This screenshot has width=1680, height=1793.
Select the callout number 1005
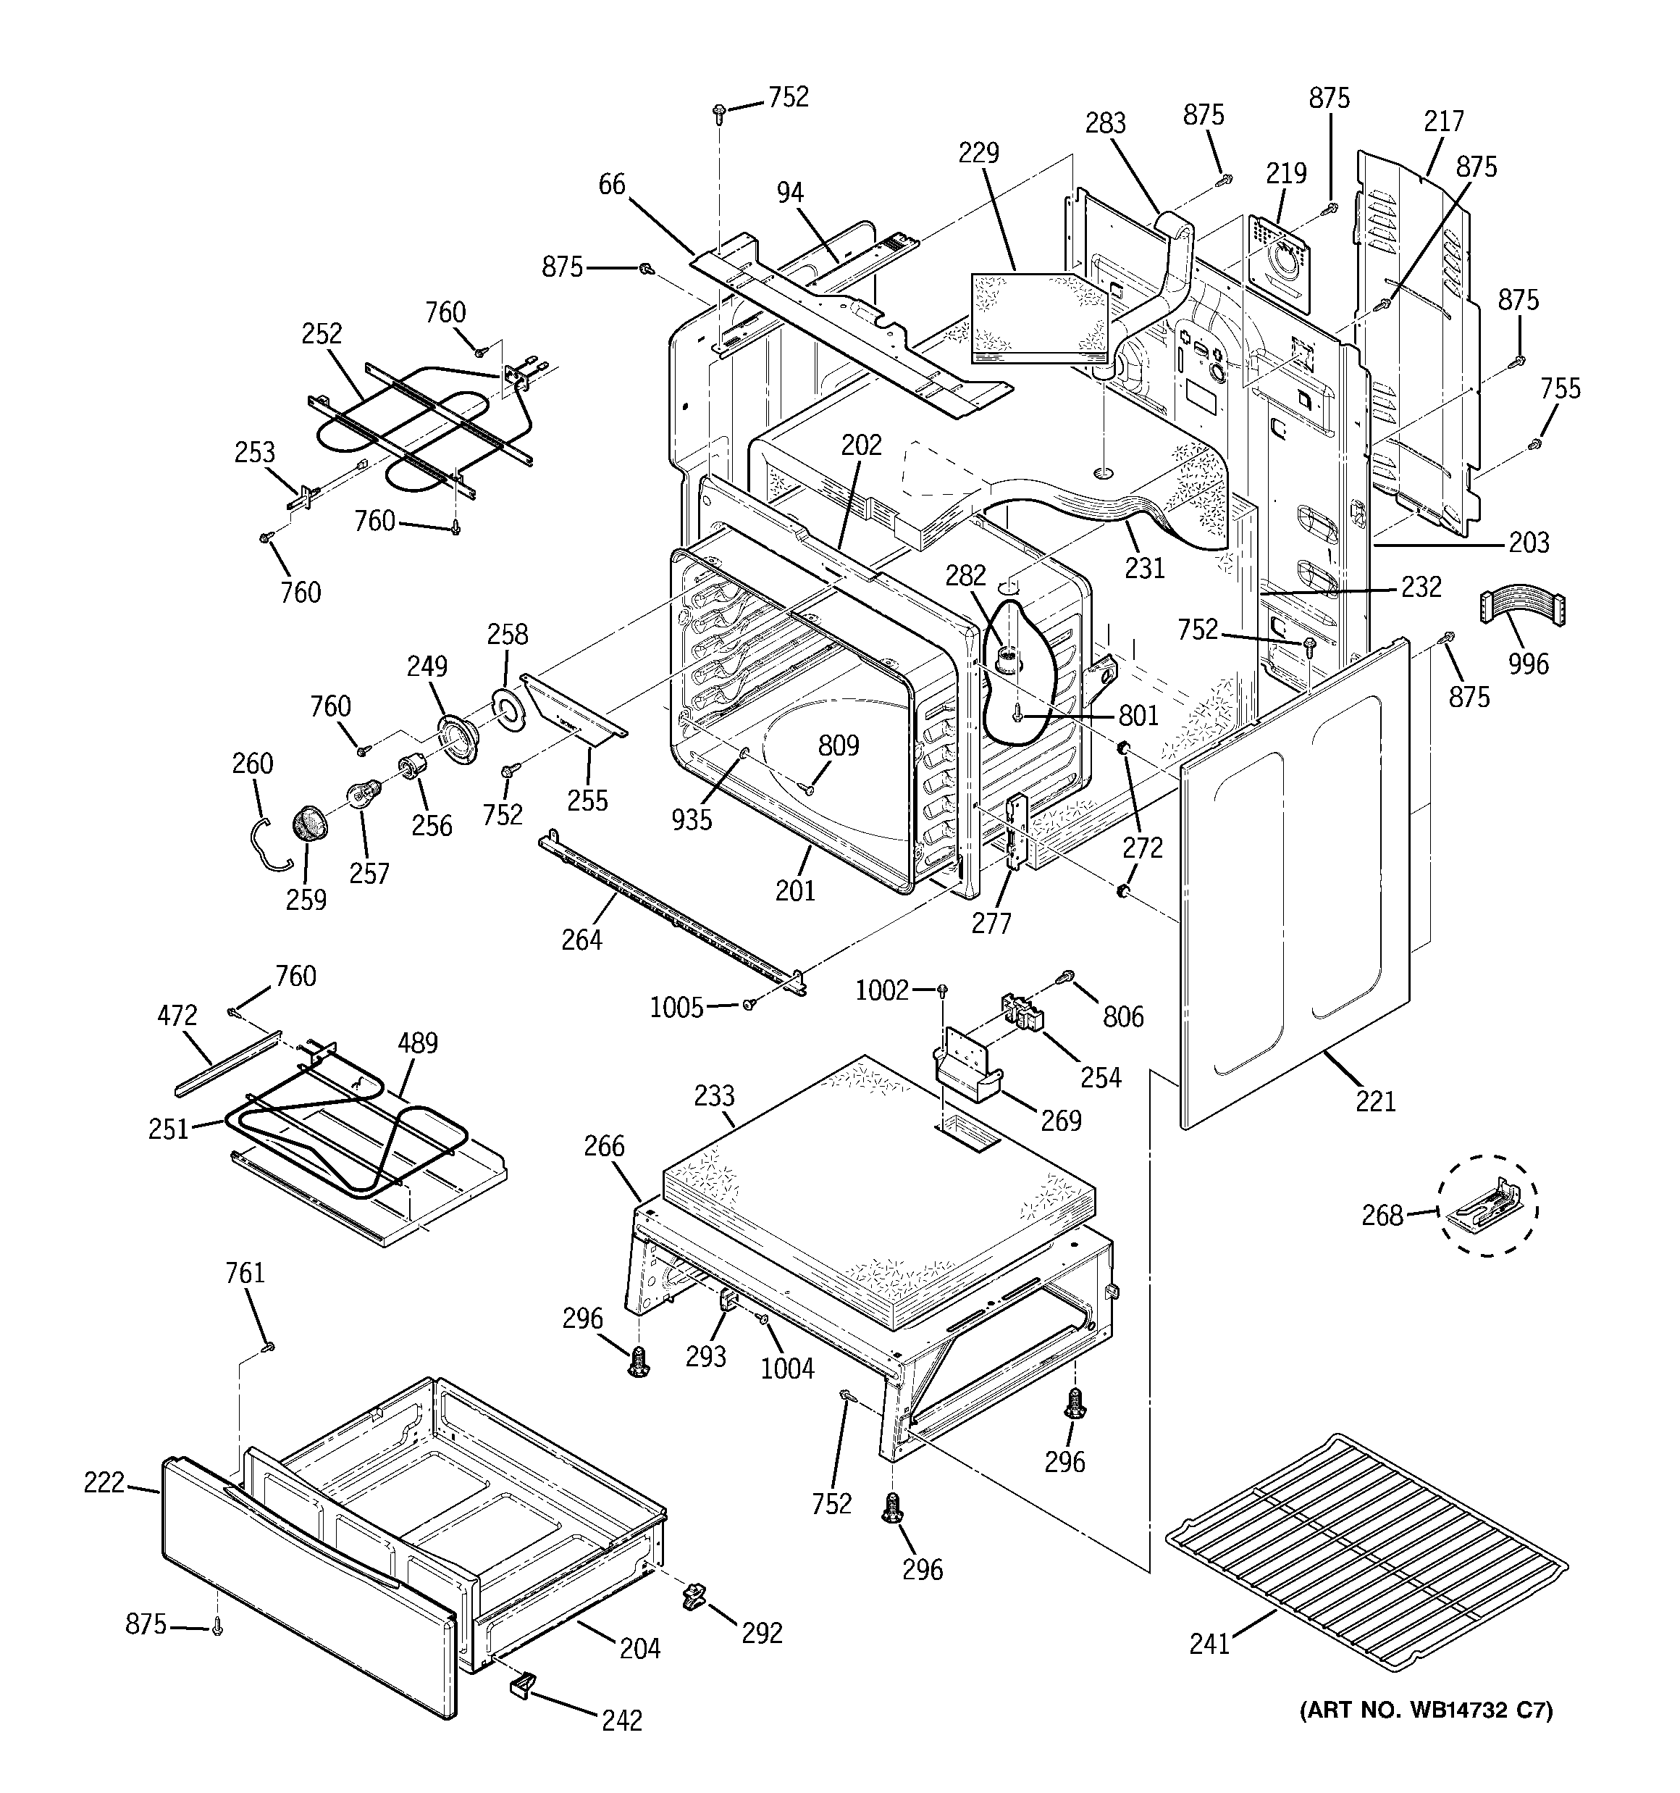(676, 1006)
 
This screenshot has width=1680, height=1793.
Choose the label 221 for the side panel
(1376, 1100)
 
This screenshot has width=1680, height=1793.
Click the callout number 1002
(882, 990)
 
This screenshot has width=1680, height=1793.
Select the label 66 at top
(611, 184)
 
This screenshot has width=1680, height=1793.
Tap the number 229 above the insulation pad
(978, 151)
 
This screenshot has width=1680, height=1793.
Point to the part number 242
(622, 1720)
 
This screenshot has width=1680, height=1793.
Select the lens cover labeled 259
(309, 824)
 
